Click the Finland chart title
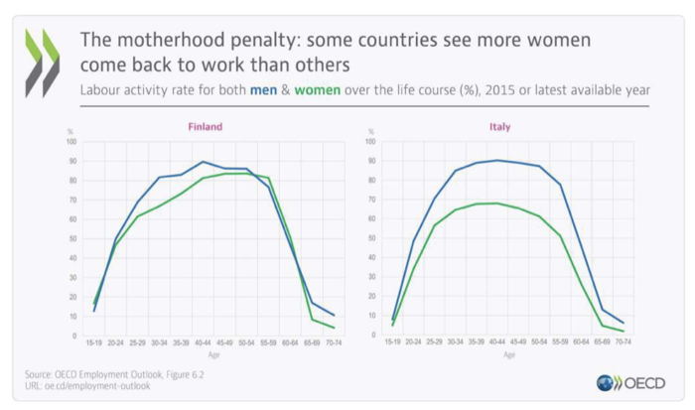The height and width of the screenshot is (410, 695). click(206, 127)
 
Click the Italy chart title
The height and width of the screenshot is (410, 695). click(500, 127)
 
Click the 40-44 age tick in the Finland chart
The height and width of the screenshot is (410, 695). click(203, 342)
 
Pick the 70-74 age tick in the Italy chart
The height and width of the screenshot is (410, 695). click(623, 342)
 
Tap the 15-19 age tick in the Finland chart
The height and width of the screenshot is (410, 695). click(94, 342)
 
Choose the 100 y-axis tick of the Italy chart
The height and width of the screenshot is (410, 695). click(370, 142)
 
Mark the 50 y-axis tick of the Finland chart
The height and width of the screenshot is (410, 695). click(71, 238)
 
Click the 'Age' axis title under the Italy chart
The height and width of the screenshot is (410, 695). click(509, 353)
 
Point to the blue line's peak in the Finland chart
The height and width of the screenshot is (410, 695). click(203, 162)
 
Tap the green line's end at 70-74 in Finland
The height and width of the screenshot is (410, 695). click(334, 328)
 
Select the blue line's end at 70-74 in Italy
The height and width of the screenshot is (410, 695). click(623, 323)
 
